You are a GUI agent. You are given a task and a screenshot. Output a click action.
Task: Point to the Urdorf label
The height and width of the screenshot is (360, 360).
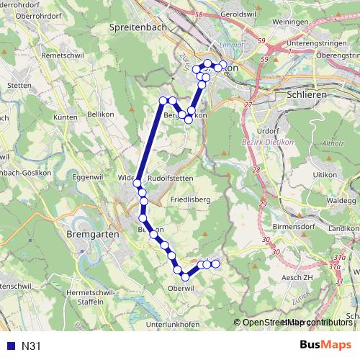click(x=267, y=131)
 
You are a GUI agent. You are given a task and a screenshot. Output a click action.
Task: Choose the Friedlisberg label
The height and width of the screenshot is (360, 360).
click(x=191, y=198)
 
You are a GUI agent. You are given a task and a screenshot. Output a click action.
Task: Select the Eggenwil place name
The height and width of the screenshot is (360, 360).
click(x=89, y=176)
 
